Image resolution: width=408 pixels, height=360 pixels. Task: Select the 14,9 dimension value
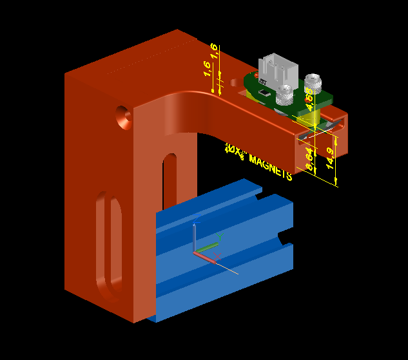click(x=331, y=158)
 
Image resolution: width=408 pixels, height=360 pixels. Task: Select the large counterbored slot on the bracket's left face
click(x=110, y=245)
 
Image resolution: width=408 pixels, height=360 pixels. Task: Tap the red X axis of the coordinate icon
click(x=205, y=258)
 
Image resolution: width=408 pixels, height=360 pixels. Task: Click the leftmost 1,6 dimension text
click(x=208, y=68)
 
